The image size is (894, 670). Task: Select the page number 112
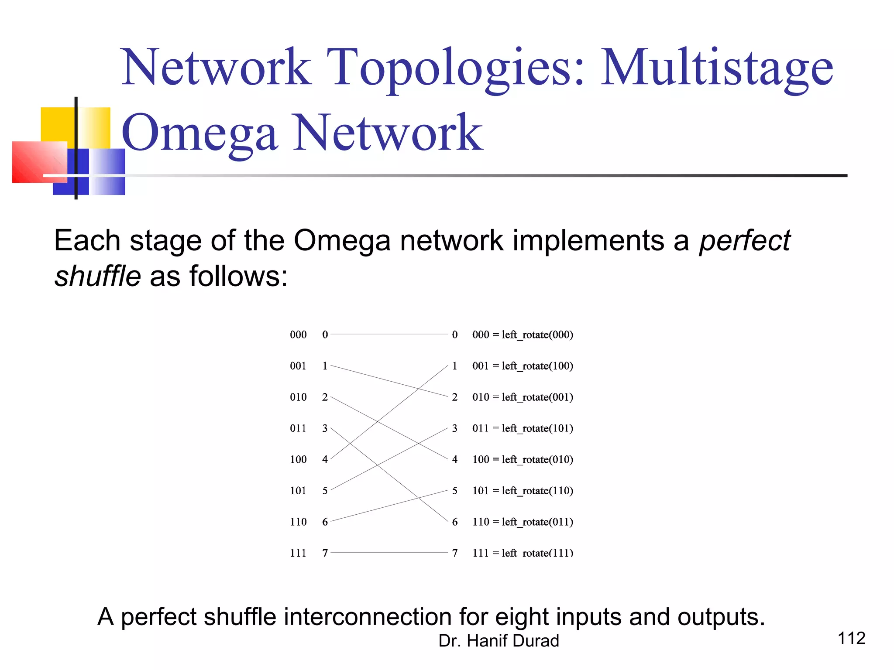click(851, 638)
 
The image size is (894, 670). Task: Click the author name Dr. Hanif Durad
click(499, 641)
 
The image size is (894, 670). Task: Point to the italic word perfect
click(745, 241)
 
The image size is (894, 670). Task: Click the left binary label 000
click(298, 335)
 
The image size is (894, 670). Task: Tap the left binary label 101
click(298, 491)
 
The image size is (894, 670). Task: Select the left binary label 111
click(298, 553)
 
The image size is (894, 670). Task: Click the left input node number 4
click(325, 459)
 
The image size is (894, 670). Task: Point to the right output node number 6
click(455, 522)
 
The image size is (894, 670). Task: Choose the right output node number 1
click(455, 366)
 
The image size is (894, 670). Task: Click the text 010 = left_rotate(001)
click(523, 397)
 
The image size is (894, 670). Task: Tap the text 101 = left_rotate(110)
click(523, 491)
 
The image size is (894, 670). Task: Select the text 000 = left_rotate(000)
click(523, 335)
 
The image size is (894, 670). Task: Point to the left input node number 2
click(325, 397)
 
